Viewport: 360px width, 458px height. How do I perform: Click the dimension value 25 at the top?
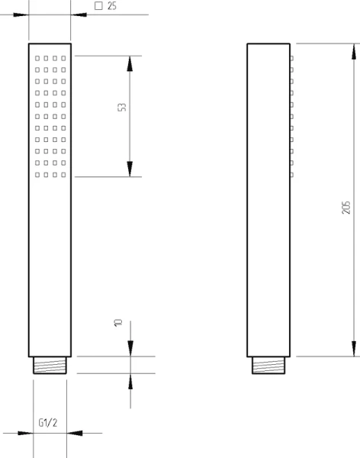coord(112,6)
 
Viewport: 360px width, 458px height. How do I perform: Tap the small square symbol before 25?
coord(98,6)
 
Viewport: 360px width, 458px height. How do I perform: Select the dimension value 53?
coord(122,107)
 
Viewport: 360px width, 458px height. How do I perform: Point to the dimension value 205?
coord(346,208)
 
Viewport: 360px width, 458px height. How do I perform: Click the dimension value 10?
coord(118,323)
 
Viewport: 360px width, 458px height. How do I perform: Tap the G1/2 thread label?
coord(48,422)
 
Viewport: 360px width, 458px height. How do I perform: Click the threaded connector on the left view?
coord(50,365)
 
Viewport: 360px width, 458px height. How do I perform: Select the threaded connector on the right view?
coord(268,365)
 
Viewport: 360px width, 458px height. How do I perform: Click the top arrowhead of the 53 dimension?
coord(130,63)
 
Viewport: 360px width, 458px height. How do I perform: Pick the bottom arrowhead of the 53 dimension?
coord(130,169)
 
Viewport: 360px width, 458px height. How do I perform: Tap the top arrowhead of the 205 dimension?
coord(354,51)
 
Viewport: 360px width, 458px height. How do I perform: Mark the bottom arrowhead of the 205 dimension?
coord(354,349)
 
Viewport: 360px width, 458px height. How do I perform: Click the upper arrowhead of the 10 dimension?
coord(130,349)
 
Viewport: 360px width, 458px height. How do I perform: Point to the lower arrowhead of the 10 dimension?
coord(130,381)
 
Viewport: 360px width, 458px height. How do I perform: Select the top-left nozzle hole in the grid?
coord(37,59)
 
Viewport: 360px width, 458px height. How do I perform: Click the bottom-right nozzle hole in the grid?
coord(63,175)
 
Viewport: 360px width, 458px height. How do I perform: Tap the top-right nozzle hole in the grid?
coord(63,59)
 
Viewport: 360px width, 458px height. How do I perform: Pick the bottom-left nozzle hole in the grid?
coord(37,175)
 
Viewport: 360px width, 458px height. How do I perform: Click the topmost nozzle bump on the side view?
coord(291,59)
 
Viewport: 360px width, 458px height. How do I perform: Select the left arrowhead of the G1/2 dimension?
coord(25,433)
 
